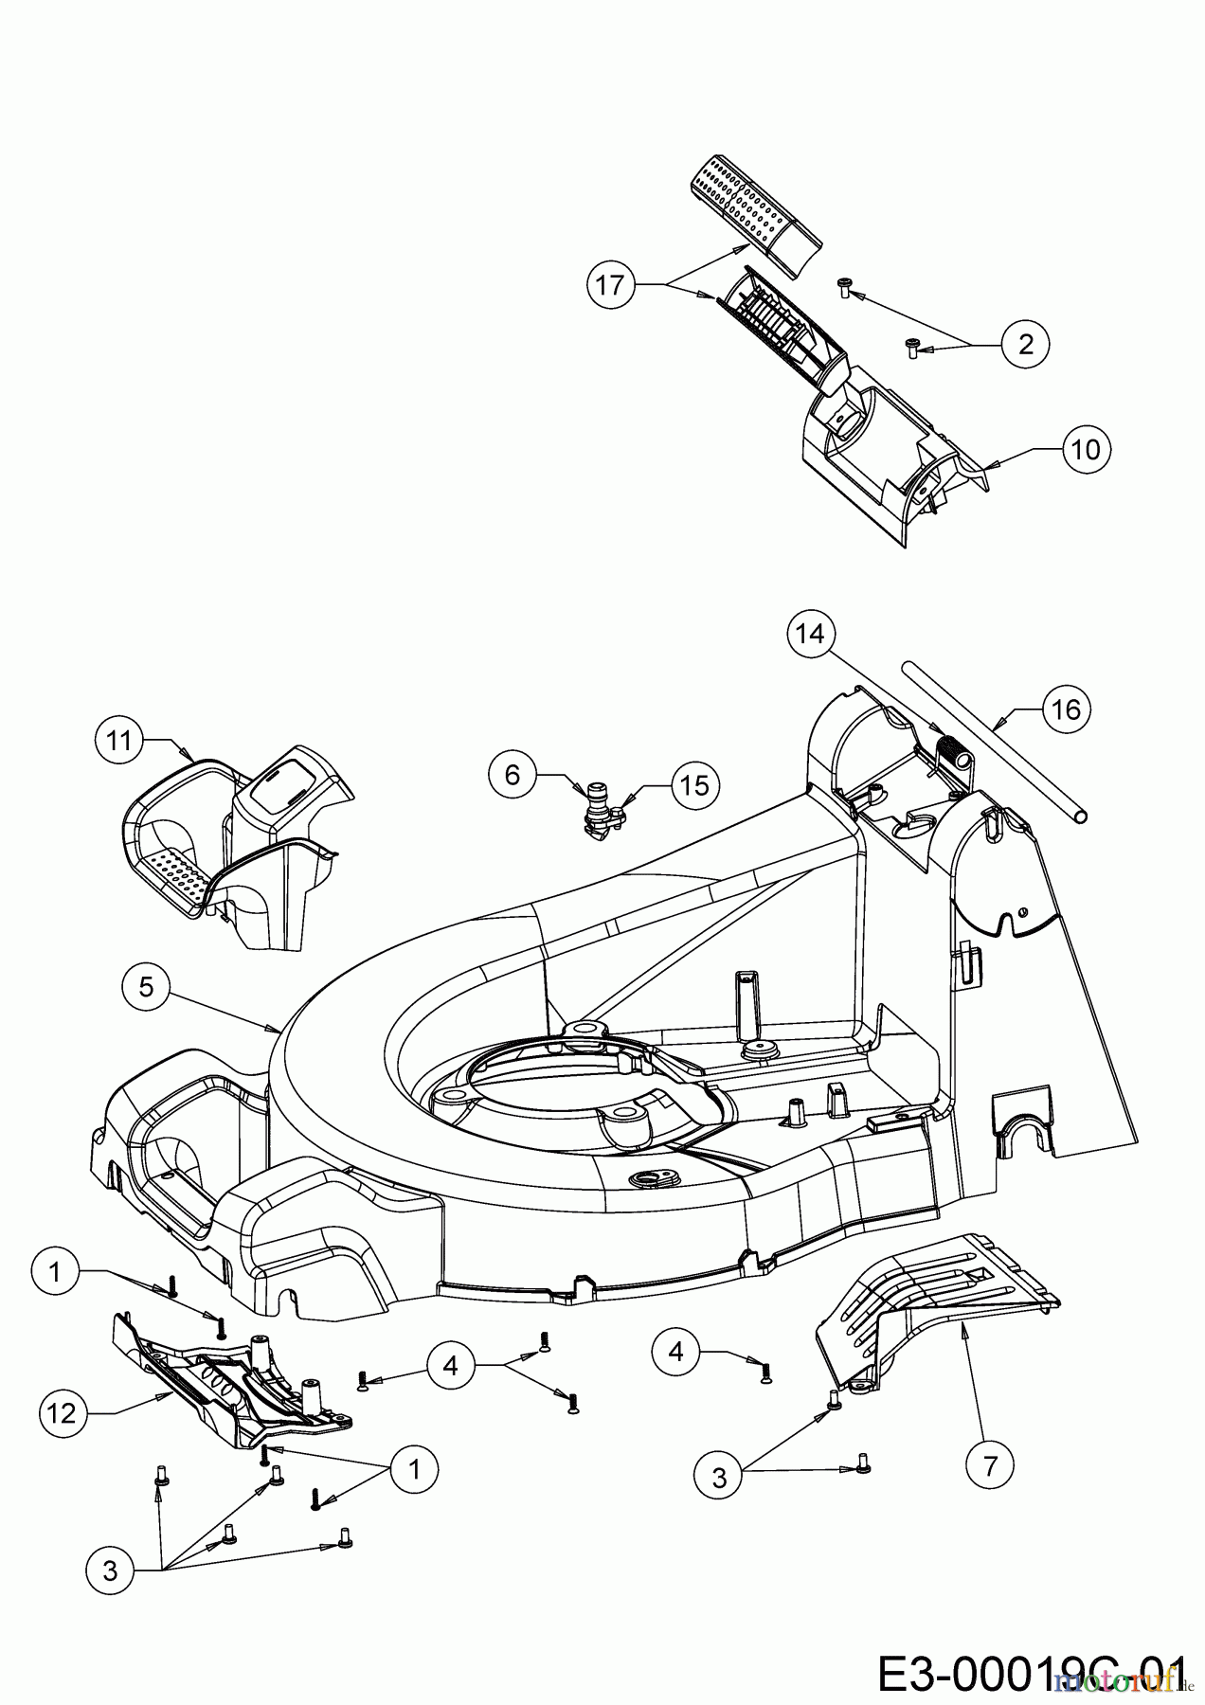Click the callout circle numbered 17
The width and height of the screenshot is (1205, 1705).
(x=612, y=283)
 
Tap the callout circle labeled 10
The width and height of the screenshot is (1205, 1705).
(x=1087, y=448)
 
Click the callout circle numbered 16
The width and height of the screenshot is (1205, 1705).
(x=1067, y=709)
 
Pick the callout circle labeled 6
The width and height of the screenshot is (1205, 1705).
(x=513, y=775)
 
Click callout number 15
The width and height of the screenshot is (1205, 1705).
(x=695, y=785)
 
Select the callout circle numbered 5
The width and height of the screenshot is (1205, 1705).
(x=146, y=986)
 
